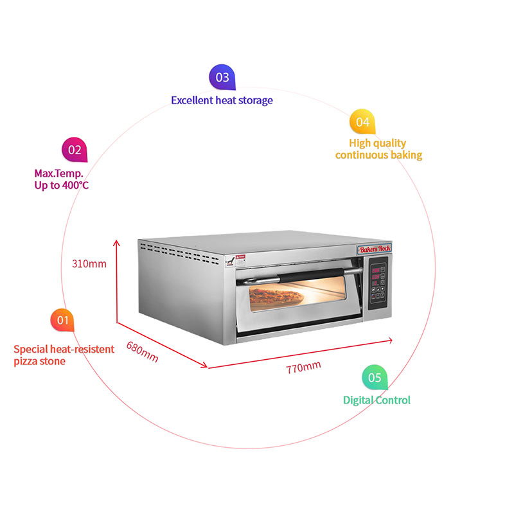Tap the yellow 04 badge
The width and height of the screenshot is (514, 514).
[x=362, y=121]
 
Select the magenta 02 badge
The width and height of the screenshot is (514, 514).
[x=75, y=150]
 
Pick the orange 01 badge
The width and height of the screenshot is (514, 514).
[x=62, y=320]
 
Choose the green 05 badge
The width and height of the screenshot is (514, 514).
[x=375, y=378]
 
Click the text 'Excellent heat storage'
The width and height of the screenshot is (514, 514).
[x=222, y=100]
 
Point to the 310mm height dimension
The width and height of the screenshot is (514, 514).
[x=89, y=263]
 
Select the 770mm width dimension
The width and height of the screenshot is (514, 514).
[x=303, y=368]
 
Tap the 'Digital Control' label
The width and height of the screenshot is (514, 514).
[x=377, y=400]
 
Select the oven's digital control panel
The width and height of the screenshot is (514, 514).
[x=379, y=282]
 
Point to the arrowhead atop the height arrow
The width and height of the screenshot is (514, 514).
[x=117, y=243]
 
